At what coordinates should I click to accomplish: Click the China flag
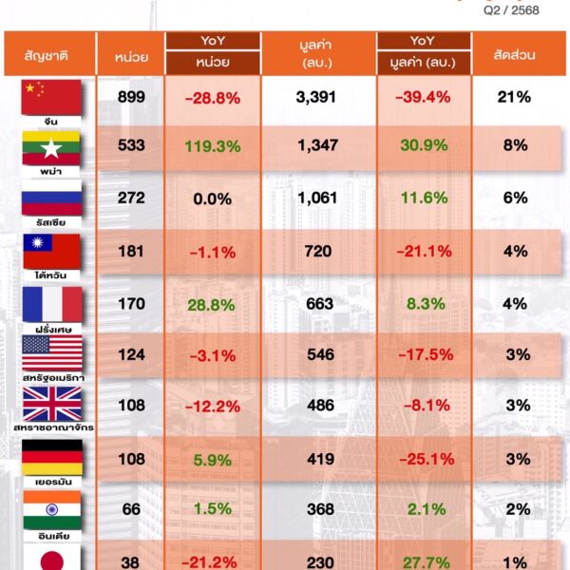52,97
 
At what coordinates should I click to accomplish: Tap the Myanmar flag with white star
52,148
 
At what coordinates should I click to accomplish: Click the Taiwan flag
52,251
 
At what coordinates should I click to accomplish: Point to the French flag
52,303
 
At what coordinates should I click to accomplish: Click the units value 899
131,97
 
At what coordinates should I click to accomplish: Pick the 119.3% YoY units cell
212,147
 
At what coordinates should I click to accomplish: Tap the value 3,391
318,97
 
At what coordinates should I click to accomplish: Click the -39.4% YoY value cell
423,97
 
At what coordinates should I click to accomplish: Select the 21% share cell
518,97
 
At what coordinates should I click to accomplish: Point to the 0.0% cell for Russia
212,199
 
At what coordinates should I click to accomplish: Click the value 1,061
318,199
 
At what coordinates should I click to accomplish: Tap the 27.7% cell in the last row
423,560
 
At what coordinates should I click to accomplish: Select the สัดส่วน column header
518,55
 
